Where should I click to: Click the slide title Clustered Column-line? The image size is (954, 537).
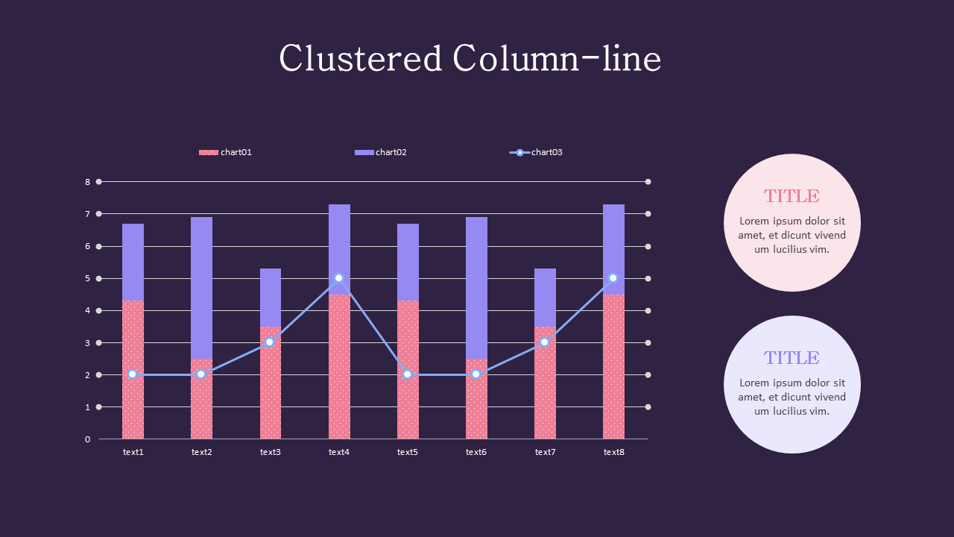[470, 59]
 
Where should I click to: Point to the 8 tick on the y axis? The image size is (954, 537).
[87, 182]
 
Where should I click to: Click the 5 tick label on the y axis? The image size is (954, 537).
[87, 279]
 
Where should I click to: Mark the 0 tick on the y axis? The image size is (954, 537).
[87, 439]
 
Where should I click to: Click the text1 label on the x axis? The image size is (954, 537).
[133, 452]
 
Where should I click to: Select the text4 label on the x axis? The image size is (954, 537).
[339, 452]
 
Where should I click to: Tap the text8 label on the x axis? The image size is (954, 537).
[613, 452]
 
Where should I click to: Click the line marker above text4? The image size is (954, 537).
[339, 278]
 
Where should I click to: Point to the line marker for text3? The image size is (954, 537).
[270, 342]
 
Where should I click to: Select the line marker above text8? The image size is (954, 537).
[613, 278]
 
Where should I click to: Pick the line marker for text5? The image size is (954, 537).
[407, 374]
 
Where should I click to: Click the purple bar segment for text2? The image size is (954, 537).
[201, 287]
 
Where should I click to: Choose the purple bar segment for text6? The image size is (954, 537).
[476, 287]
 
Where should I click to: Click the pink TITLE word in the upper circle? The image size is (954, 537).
[792, 196]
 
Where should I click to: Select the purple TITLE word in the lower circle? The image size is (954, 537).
[792, 358]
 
